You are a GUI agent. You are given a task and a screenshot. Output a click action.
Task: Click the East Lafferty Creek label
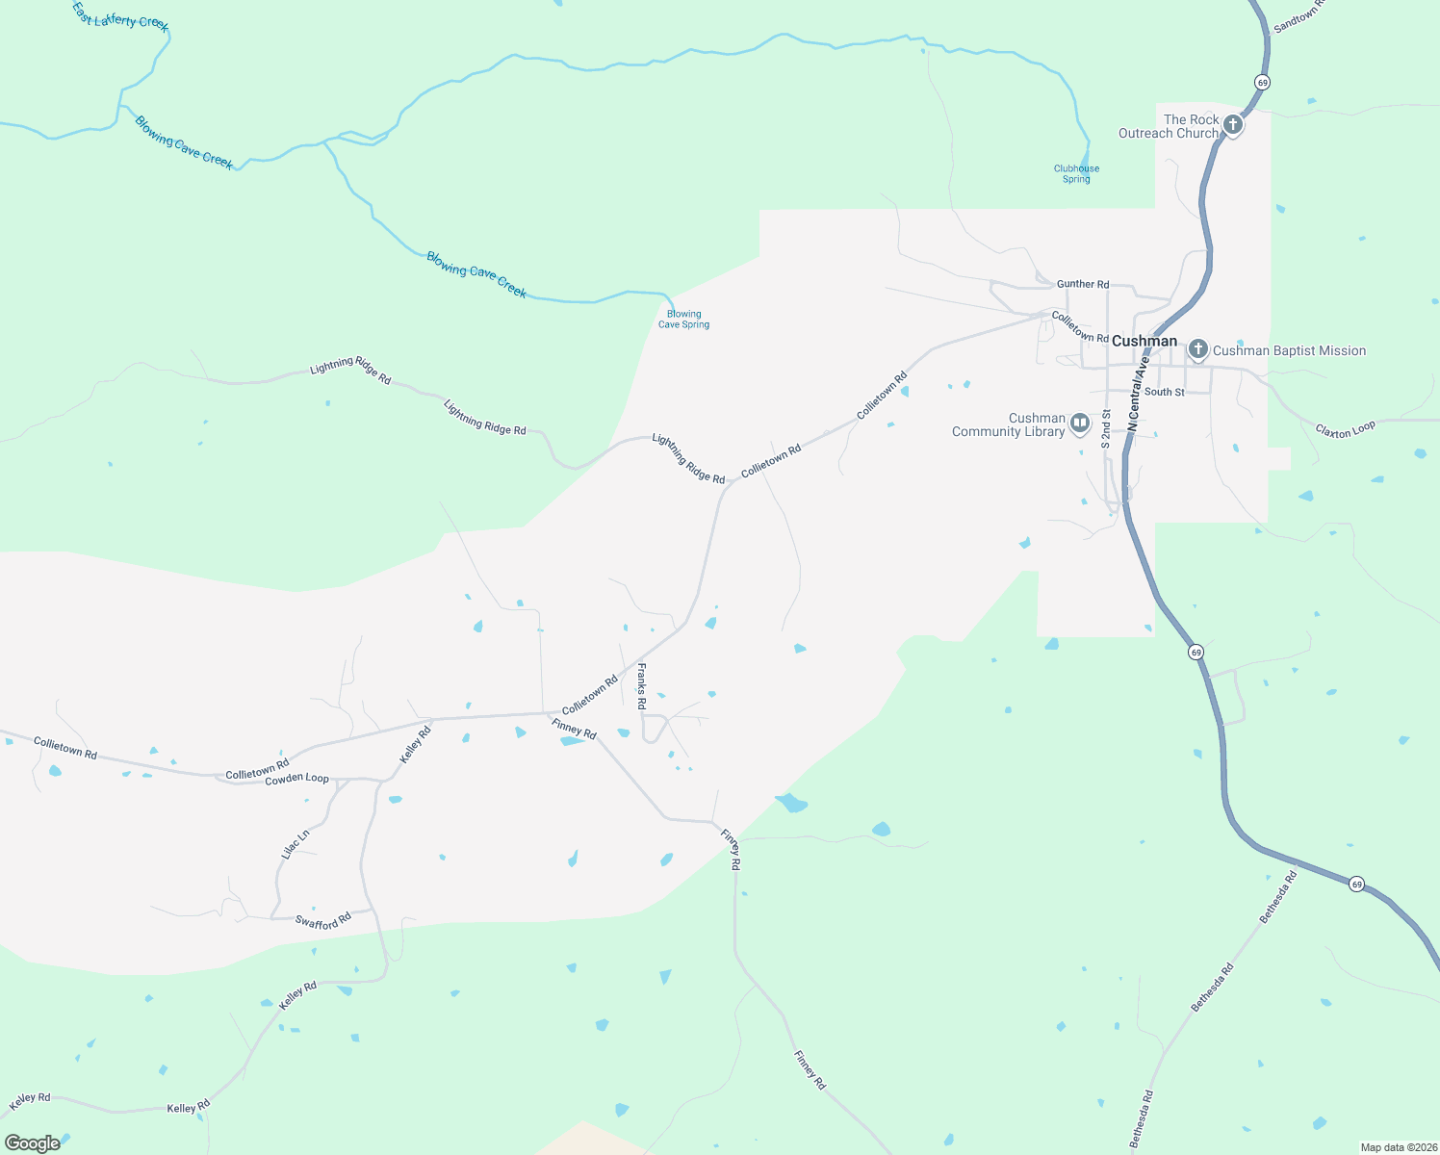(x=120, y=16)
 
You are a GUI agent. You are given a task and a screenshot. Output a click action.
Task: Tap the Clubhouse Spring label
(x=1076, y=174)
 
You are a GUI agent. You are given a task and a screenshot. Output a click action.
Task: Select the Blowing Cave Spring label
(x=683, y=320)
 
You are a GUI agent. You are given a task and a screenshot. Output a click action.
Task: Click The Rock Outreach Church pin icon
(x=1233, y=125)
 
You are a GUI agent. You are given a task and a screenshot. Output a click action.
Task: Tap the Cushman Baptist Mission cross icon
(x=1197, y=349)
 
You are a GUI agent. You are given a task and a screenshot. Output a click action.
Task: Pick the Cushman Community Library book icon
(x=1080, y=423)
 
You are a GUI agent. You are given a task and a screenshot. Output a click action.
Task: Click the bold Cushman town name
(x=1144, y=341)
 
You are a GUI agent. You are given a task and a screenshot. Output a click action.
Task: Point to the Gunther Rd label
(x=1083, y=284)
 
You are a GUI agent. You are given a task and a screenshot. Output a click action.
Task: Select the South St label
(x=1165, y=392)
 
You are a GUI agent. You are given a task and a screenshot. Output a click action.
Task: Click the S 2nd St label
(x=1106, y=428)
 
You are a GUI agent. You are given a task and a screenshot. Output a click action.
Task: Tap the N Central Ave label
(x=1139, y=393)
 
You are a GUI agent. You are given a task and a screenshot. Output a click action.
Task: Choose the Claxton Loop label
(x=1346, y=429)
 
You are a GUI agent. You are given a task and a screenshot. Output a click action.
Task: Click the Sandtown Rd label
(x=1299, y=17)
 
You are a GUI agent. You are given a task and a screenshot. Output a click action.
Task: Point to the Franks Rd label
(x=641, y=686)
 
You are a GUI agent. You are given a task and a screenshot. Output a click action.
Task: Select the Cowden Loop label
(x=296, y=779)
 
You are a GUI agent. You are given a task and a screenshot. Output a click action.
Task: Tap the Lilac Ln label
(x=295, y=844)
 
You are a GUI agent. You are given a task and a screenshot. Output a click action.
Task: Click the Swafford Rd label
(x=323, y=922)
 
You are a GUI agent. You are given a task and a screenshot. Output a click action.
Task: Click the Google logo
(x=32, y=1143)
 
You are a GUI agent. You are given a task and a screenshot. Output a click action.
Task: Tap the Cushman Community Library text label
(x=1009, y=424)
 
